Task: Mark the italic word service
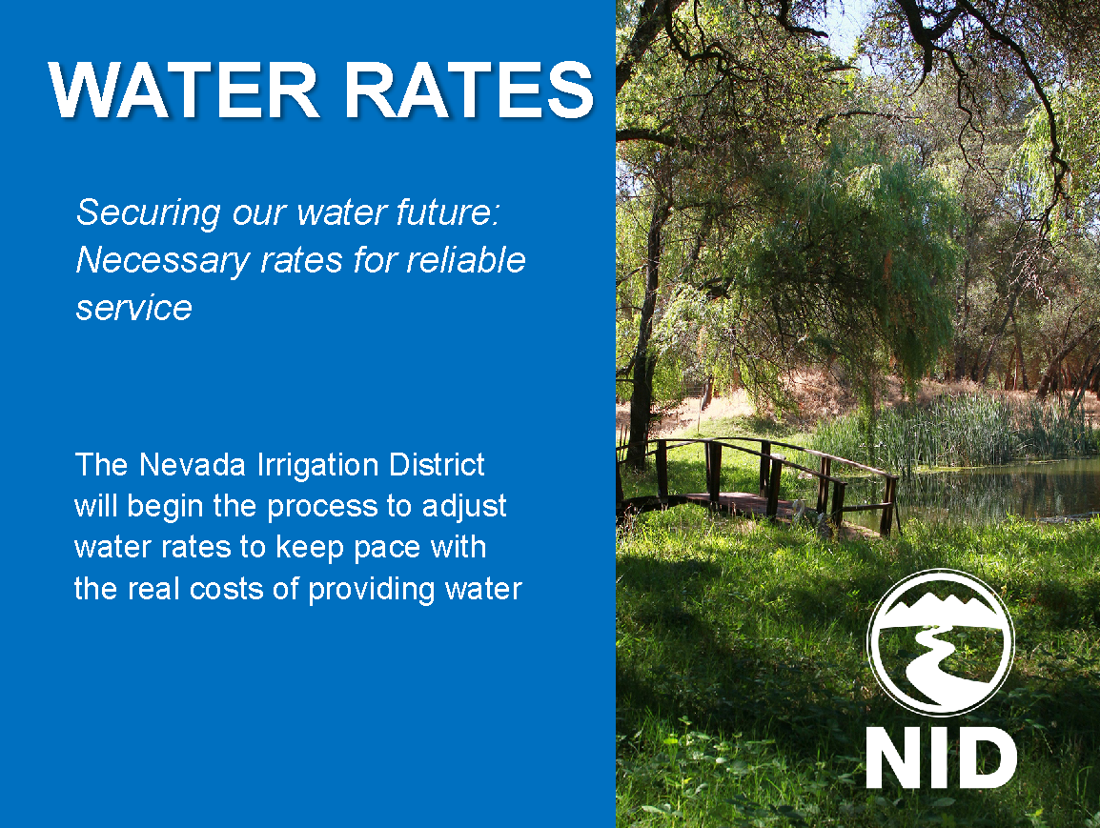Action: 133,307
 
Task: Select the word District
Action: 438,464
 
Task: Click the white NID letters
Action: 941,758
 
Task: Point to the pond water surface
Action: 1001,486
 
